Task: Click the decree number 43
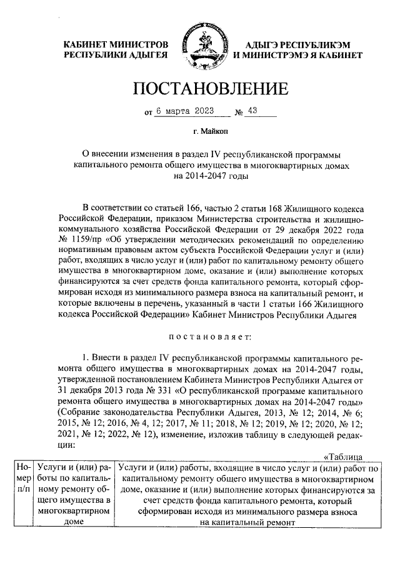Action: coord(253,111)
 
